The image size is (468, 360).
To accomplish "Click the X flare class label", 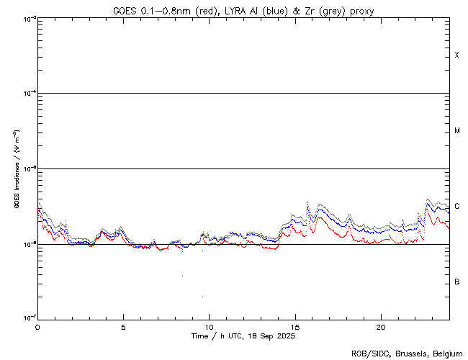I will pyautogui.click(x=457, y=55).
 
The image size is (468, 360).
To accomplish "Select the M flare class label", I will pyautogui.click(x=457, y=131).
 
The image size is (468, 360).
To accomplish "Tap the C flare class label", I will pyautogui.click(x=457, y=206).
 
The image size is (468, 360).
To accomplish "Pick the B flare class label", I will pyautogui.click(x=457, y=282).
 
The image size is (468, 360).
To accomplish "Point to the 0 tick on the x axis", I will pyautogui.click(x=37, y=327).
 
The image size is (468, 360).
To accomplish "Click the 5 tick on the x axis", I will pyautogui.click(x=123, y=327).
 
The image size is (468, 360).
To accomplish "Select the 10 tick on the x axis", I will pyautogui.click(x=209, y=327).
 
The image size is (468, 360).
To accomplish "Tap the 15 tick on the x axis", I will pyautogui.click(x=295, y=327).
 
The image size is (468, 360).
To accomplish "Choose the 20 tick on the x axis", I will pyautogui.click(x=381, y=327).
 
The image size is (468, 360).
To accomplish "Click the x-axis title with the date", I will pyautogui.click(x=243, y=336).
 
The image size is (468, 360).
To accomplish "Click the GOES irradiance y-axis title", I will pyautogui.click(x=15, y=168).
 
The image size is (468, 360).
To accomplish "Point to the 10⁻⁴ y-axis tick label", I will pyautogui.click(x=27, y=94).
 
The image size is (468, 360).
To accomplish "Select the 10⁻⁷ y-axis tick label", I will pyautogui.click(x=27, y=318).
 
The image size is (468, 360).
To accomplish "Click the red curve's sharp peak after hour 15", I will pyautogui.click(x=307, y=202).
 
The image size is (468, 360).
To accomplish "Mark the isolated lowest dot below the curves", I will pyautogui.click(x=202, y=297).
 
